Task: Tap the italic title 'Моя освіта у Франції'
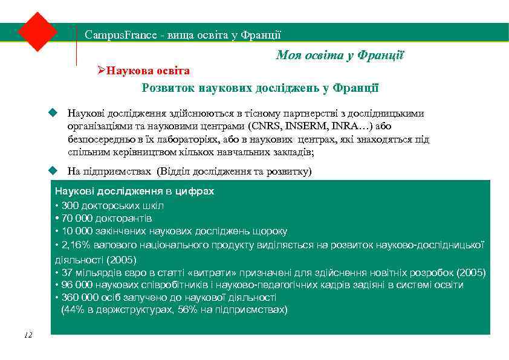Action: tap(340, 56)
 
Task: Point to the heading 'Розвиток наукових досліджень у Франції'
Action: tap(260, 88)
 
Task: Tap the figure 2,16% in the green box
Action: tap(76, 245)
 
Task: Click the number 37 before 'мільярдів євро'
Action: tap(66, 272)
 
